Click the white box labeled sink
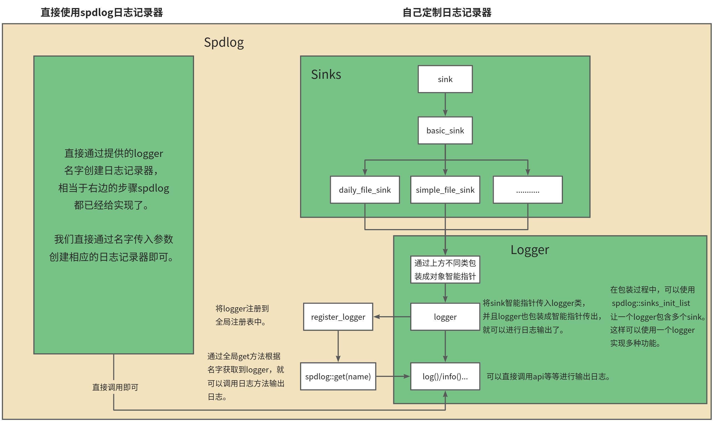coord(445,79)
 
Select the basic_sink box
coord(445,131)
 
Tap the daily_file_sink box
coord(364,190)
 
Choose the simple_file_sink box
coord(445,190)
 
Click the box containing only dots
coord(527,190)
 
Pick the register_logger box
coord(338,317)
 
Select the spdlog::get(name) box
coord(338,376)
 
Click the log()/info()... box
coord(445,376)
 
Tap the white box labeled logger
coord(445,317)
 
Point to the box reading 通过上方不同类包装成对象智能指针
coord(445,270)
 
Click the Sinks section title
coord(326,74)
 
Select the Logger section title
coord(530,250)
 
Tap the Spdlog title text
coord(224,42)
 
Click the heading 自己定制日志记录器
coord(447,13)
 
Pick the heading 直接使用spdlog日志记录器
coord(102,13)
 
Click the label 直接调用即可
coord(115,387)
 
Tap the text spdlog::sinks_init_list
coord(651,303)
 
